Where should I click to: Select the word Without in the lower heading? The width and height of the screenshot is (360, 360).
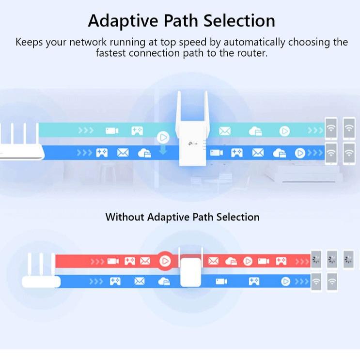point(125,217)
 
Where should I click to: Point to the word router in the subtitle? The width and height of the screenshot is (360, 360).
point(249,53)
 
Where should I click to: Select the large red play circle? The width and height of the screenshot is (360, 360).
point(165,261)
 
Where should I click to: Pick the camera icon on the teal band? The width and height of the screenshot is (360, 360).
point(112,131)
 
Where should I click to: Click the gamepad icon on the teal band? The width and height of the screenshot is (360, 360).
point(137,131)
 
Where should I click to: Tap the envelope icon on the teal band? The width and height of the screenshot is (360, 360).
point(225,131)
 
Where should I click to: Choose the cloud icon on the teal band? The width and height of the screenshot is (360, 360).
point(255,131)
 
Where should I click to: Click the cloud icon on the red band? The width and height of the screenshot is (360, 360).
point(231,261)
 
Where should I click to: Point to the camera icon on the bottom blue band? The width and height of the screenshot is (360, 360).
point(221,281)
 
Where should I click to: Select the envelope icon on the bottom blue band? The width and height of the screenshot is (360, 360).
point(140,281)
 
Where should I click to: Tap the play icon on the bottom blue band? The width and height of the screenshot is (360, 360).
point(286,281)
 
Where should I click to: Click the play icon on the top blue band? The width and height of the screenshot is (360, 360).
point(300,153)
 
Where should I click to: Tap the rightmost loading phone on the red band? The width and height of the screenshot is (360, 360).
point(348,259)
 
